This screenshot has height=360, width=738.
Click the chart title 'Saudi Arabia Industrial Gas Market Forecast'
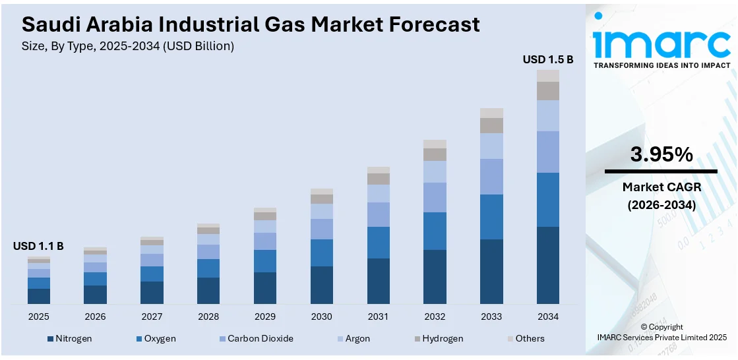tap(251, 25)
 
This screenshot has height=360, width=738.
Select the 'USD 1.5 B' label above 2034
tap(548, 59)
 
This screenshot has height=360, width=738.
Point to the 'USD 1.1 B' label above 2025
tap(38, 246)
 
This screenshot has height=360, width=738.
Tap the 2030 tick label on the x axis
tap(321, 317)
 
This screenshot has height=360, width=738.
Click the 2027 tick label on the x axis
tap(152, 317)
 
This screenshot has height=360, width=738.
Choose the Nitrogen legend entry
tap(69, 338)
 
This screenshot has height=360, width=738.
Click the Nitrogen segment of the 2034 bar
tap(547, 265)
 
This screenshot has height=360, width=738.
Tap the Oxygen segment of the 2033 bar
tap(491, 217)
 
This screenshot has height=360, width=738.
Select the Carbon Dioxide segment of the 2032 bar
tap(435, 197)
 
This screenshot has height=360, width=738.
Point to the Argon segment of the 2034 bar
tap(547, 115)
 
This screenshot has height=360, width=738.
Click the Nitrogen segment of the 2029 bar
tap(264, 288)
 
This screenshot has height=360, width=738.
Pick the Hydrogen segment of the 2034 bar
tap(547, 91)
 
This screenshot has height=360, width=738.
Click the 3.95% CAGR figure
tap(661, 155)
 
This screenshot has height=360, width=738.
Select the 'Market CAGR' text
tap(661, 187)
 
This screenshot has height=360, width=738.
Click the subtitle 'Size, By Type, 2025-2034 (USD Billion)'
tap(128, 46)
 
